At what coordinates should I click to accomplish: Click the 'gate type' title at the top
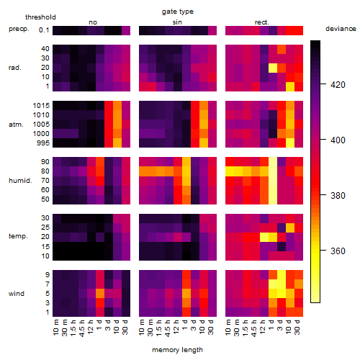pos(178,12)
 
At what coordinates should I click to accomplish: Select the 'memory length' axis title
pos(177,350)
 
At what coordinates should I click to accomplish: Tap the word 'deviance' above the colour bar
pos(341,29)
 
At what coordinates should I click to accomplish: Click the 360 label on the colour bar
pos(338,251)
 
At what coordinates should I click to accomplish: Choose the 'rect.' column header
pos(262,22)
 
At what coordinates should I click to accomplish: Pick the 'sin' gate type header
pos(177,22)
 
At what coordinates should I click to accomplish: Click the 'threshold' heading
pos(40,17)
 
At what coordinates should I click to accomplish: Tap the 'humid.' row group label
pos(20,181)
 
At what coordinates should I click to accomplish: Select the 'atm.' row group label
pos(16,125)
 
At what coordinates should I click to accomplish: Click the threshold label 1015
pos(41,106)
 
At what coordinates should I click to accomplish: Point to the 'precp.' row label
pos(19,29)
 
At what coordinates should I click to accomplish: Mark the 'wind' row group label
pos(17,294)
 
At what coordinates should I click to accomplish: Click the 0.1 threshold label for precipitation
pos(44,30)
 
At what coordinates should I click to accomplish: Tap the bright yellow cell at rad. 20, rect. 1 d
pos(273,68)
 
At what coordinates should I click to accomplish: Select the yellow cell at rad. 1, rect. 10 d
pos(290,86)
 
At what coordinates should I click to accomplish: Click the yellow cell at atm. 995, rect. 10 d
pos(290,143)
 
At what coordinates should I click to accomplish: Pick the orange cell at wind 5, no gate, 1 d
pos(100,294)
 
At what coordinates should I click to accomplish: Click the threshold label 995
pos(43,143)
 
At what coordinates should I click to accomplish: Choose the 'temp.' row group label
pos(18,236)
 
